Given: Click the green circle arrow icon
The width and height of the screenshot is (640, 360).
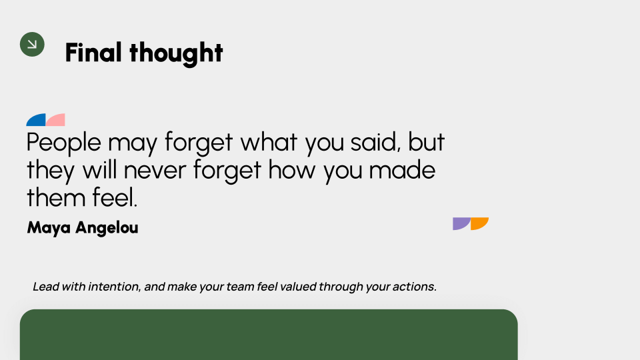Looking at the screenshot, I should point(32,44).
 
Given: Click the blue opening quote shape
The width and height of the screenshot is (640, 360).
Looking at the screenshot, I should point(37,121).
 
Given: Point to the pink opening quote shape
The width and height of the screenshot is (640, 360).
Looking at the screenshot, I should point(56,121).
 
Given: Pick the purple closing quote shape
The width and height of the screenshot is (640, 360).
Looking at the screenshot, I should point(461,223).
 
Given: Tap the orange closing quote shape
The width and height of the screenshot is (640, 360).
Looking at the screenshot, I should point(479,223).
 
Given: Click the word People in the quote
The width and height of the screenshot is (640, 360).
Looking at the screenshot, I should point(64,143).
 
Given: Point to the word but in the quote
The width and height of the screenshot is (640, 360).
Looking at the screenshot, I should point(426,143).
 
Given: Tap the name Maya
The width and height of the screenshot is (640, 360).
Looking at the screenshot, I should point(49,228).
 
